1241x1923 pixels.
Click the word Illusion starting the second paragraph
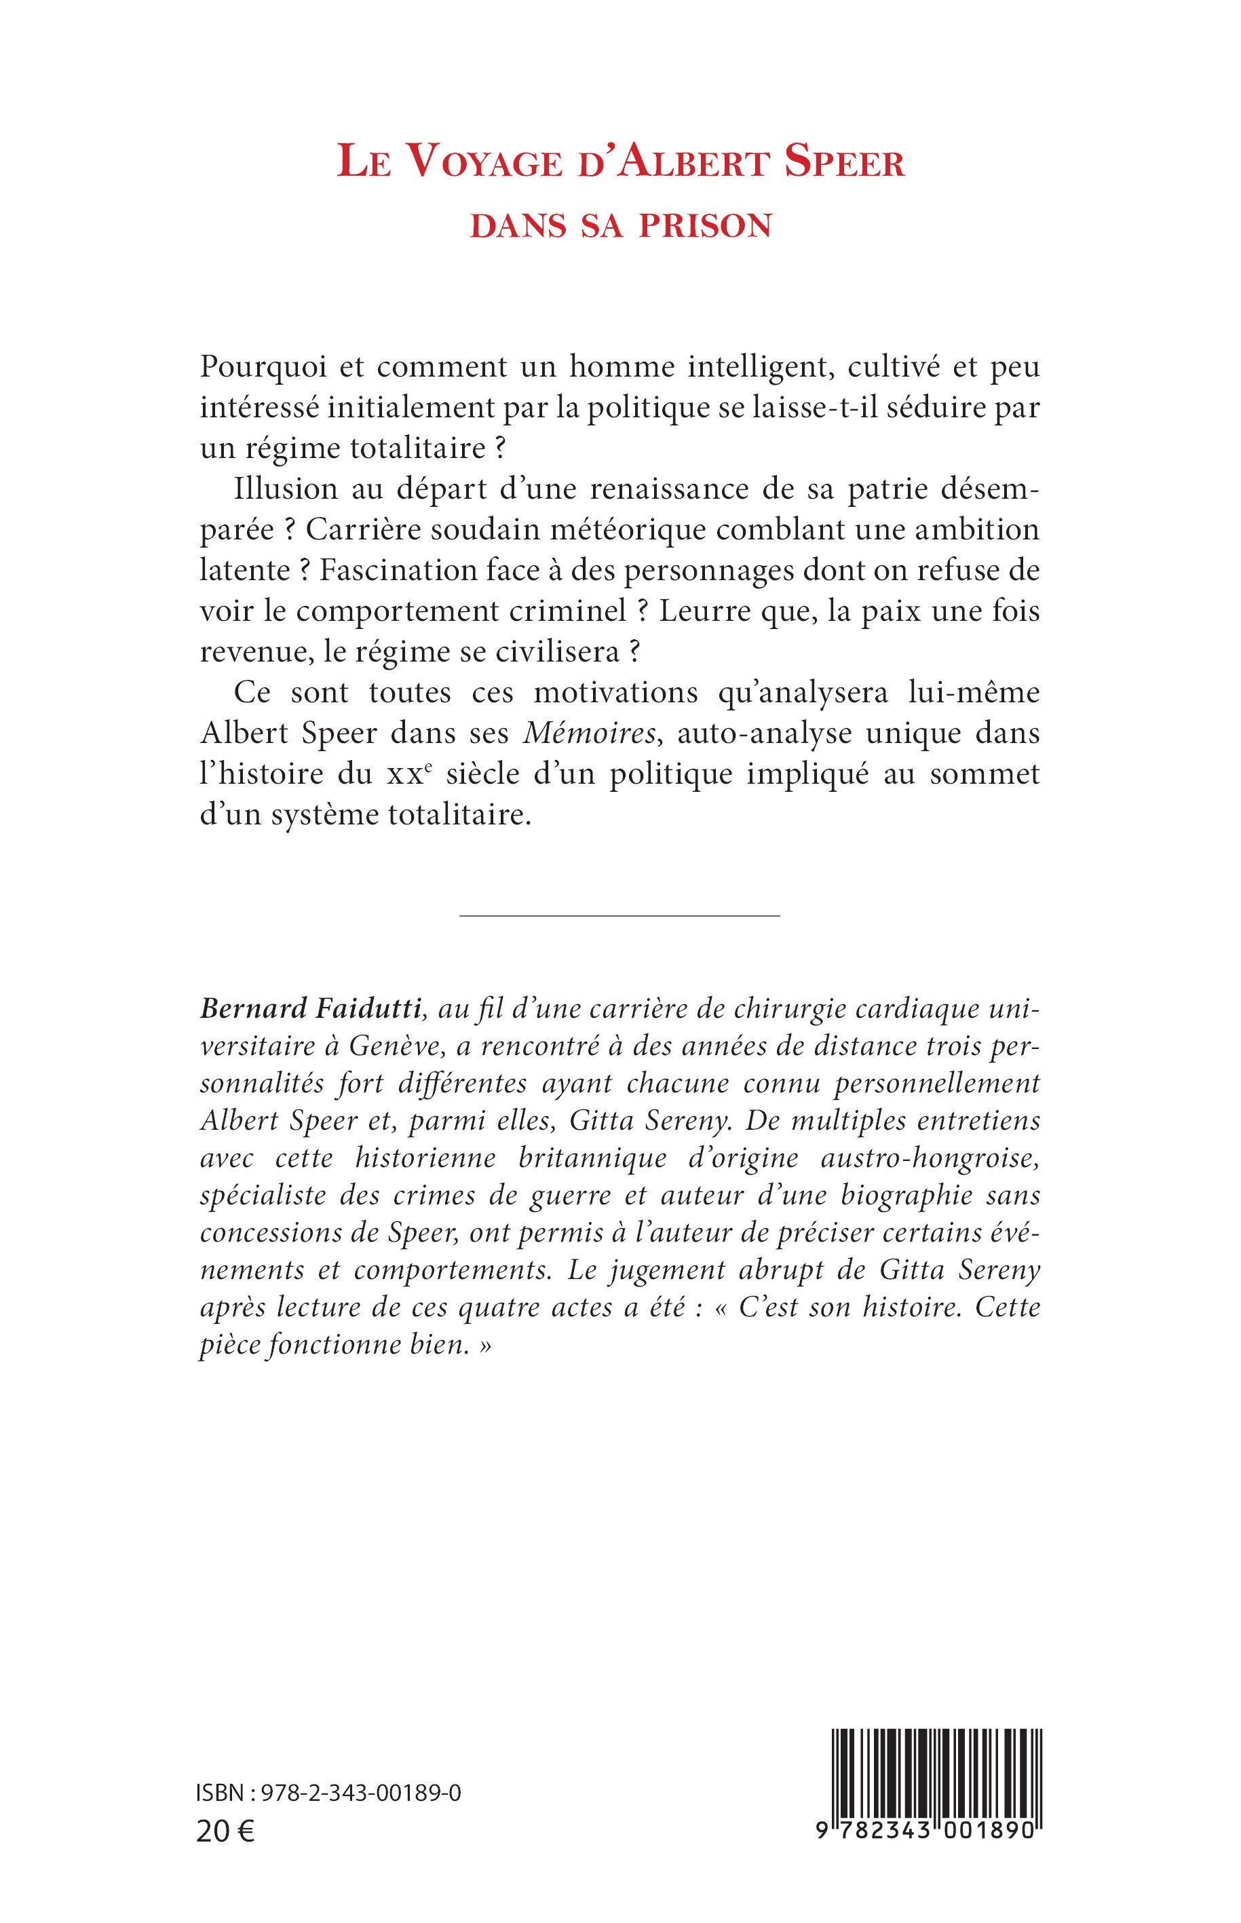(274, 489)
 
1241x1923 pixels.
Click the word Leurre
(704, 611)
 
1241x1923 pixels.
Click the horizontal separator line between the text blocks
(619, 915)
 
